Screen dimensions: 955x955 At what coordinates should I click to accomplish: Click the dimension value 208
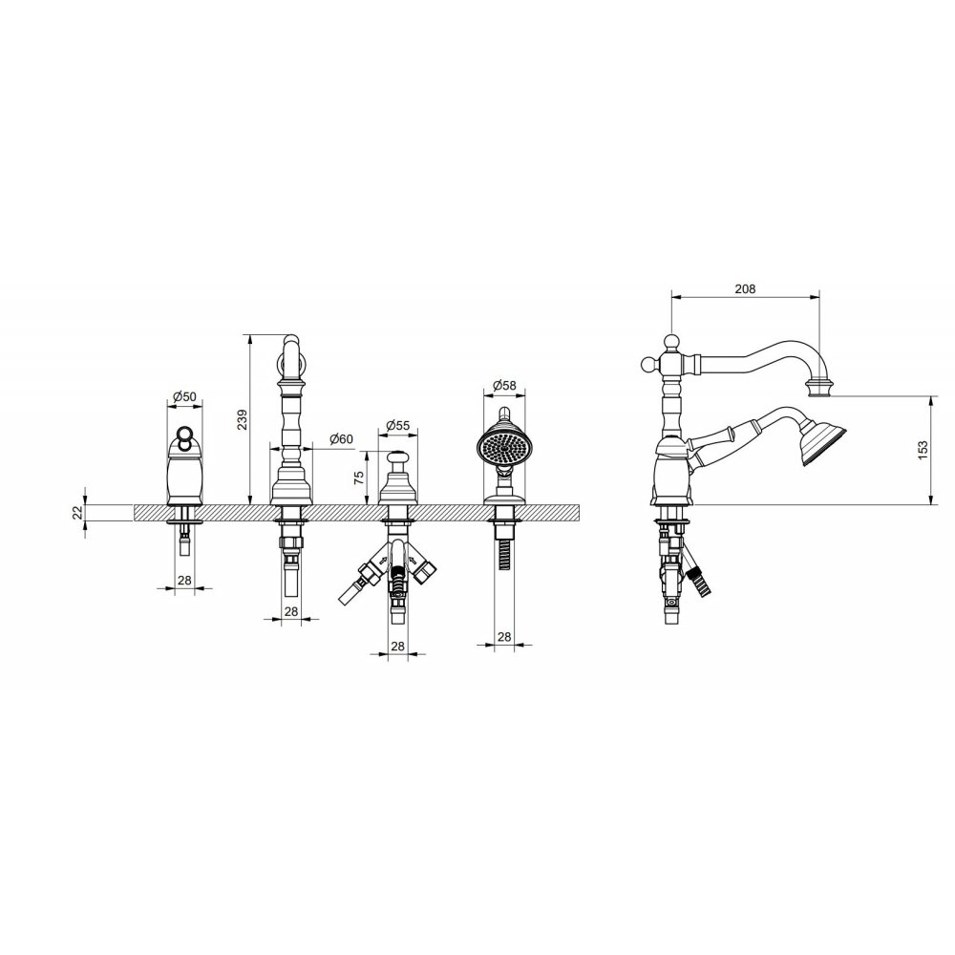pos(745,288)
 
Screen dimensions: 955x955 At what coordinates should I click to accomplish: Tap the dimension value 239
pos(243,419)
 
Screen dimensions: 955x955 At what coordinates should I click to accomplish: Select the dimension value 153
pos(923,450)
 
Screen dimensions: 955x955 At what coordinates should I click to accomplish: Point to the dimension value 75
pos(359,477)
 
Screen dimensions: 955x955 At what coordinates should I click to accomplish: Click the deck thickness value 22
pos(77,512)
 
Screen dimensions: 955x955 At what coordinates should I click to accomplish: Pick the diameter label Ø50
pos(184,396)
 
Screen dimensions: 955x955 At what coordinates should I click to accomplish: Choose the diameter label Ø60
pos(341,439)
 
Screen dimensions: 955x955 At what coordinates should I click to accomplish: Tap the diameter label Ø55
pos(398,425)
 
